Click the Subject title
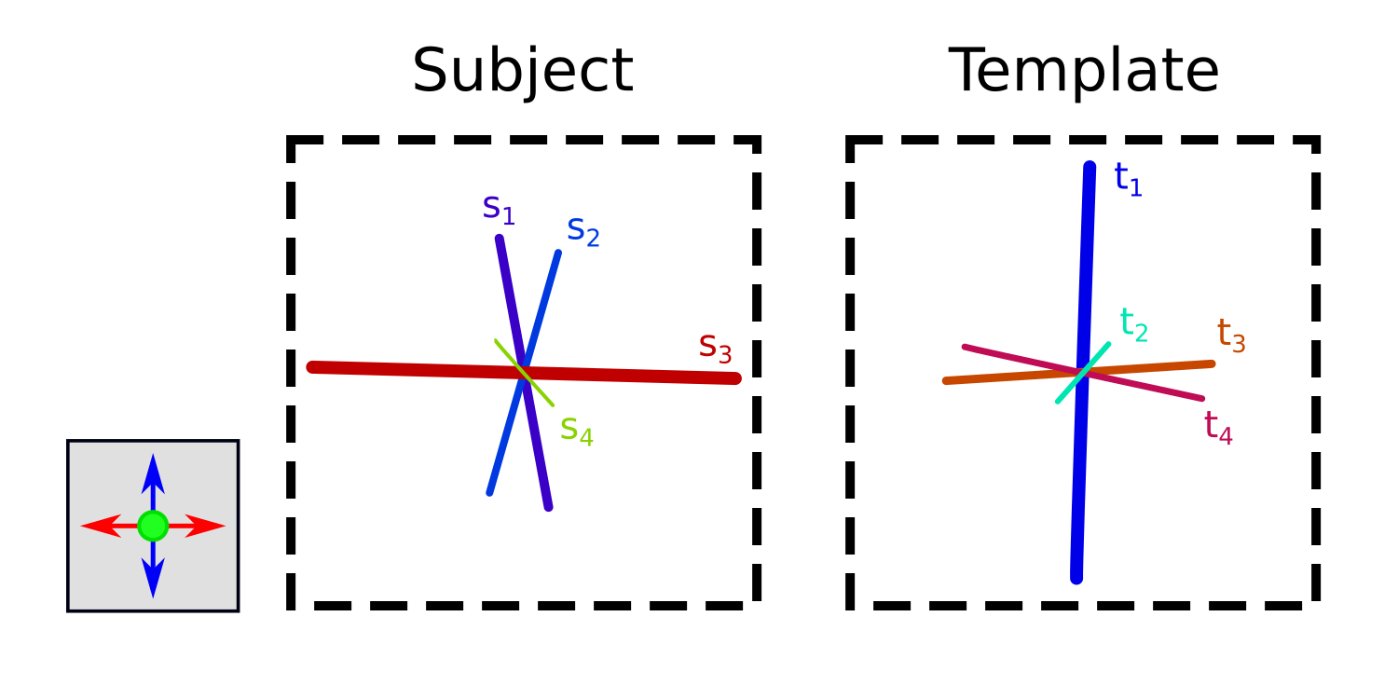point(522,72)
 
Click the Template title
point(1084,72)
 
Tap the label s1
point(498,209)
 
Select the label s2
point(582,230)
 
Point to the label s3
point(715,348)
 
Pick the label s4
point(576,431)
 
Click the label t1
point(1128,179)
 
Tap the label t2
point(1133,324)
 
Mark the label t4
point(1218,428)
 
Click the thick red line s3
point(634,375)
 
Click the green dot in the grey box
point(153,526)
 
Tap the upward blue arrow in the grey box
point(153,475)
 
